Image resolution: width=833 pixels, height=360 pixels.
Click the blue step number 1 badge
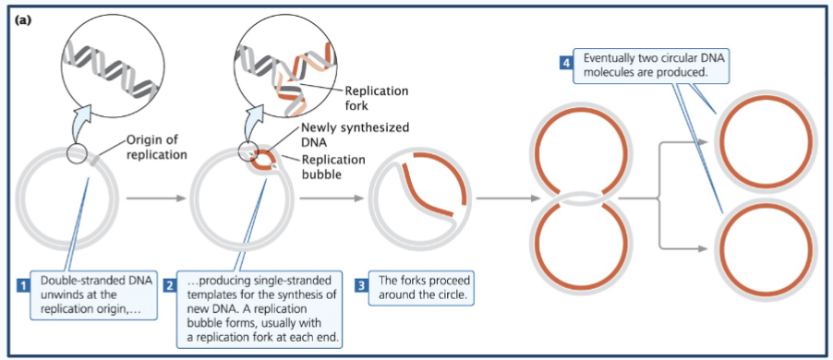coord(21,285)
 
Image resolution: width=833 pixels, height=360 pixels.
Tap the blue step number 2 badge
coord(170,285)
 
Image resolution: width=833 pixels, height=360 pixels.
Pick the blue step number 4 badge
coord(565,62)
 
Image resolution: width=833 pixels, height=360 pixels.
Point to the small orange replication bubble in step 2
coord(263,159)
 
